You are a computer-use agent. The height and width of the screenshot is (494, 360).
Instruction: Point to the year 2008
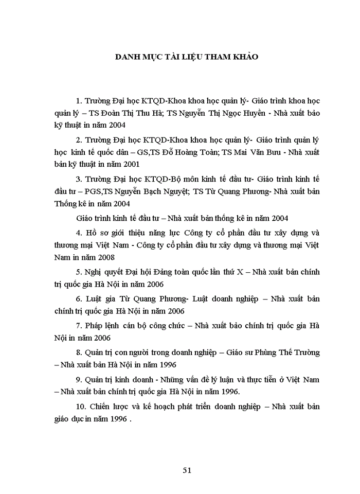pyautogui.click(x=105, y=257)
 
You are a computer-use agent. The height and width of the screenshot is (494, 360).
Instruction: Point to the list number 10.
pyautogui.click(x=80, y=407)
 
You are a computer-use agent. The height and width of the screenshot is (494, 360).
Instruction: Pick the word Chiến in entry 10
pyautogui.click(x=101, y=407)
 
